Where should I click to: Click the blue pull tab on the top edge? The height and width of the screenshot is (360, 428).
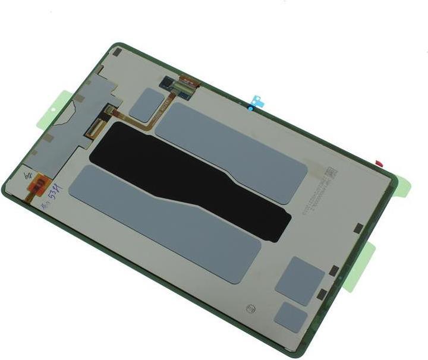pyautogui.click(x=257, y=102)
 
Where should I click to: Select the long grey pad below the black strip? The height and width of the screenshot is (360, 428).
pyautogui.click(x=165, y=222)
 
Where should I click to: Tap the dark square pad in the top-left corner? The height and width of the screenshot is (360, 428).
pyautogui.click(x=117, y=52)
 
